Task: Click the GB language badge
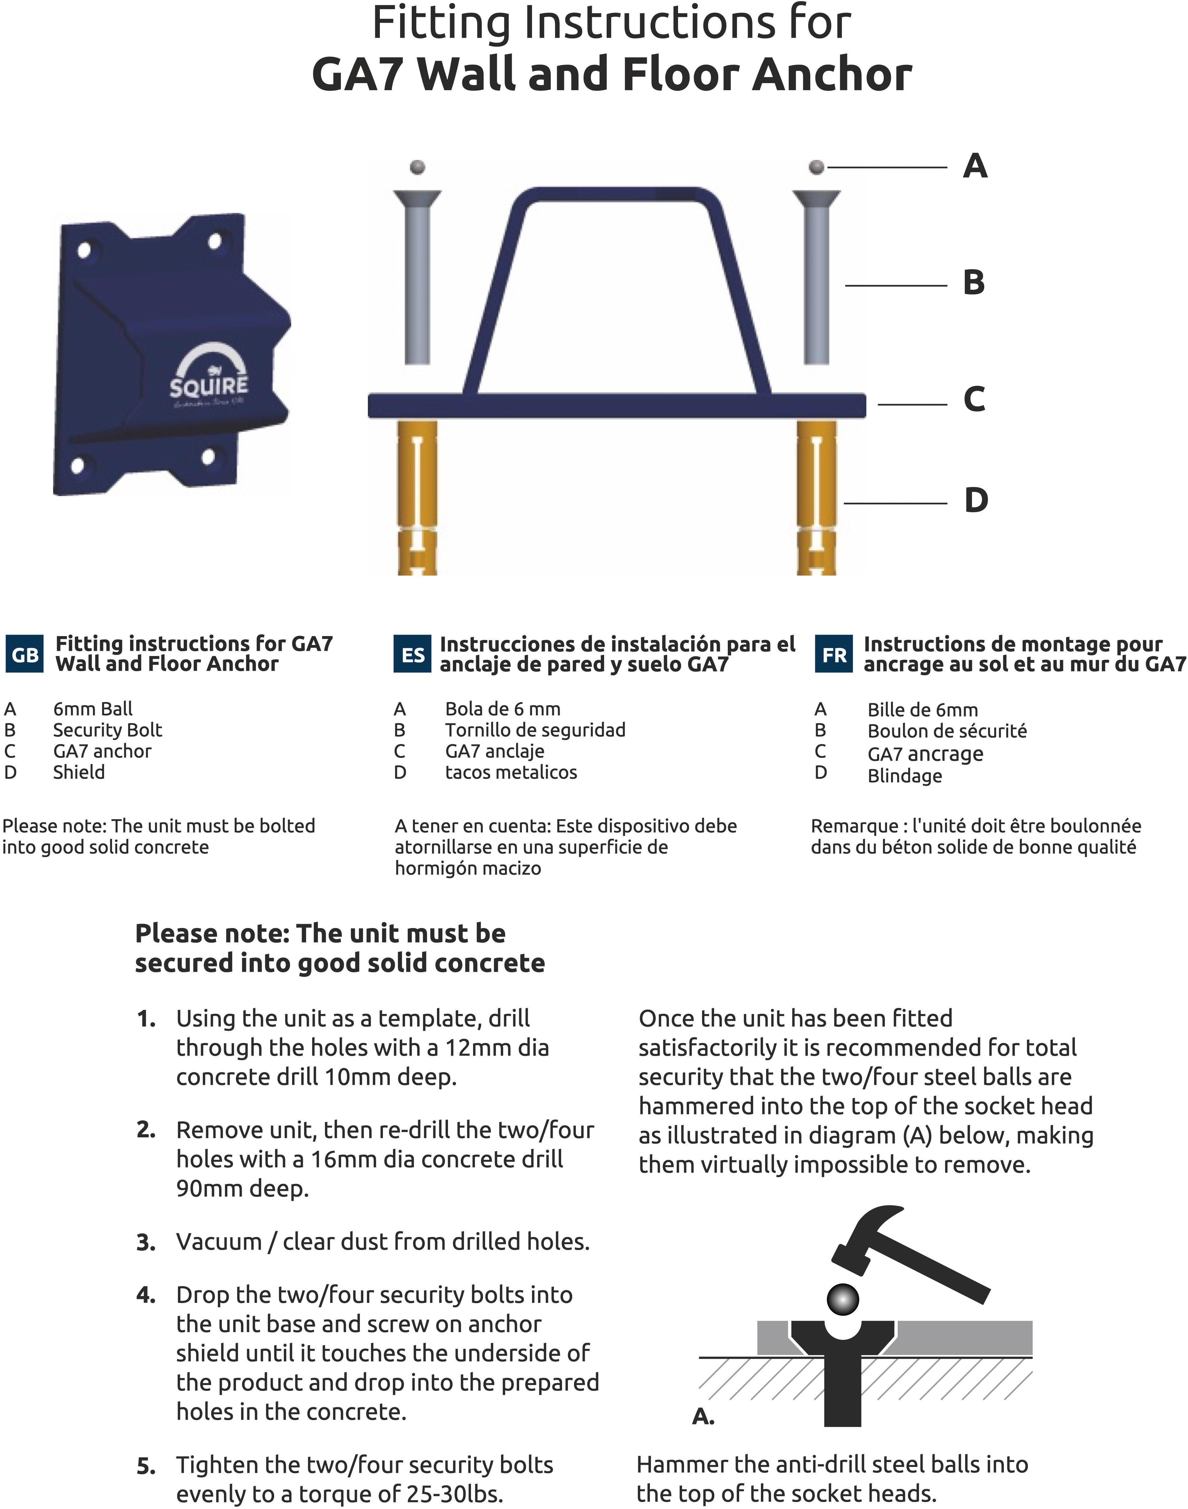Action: click(x=25, y=655)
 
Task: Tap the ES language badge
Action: click(x=413, y=655)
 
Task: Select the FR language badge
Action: click(x=834, y=655)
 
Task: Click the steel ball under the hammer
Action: click(x=843, y=1298)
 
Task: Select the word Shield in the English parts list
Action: click(x=79, y=772)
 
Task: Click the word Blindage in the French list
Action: click(x=904, y=775)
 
